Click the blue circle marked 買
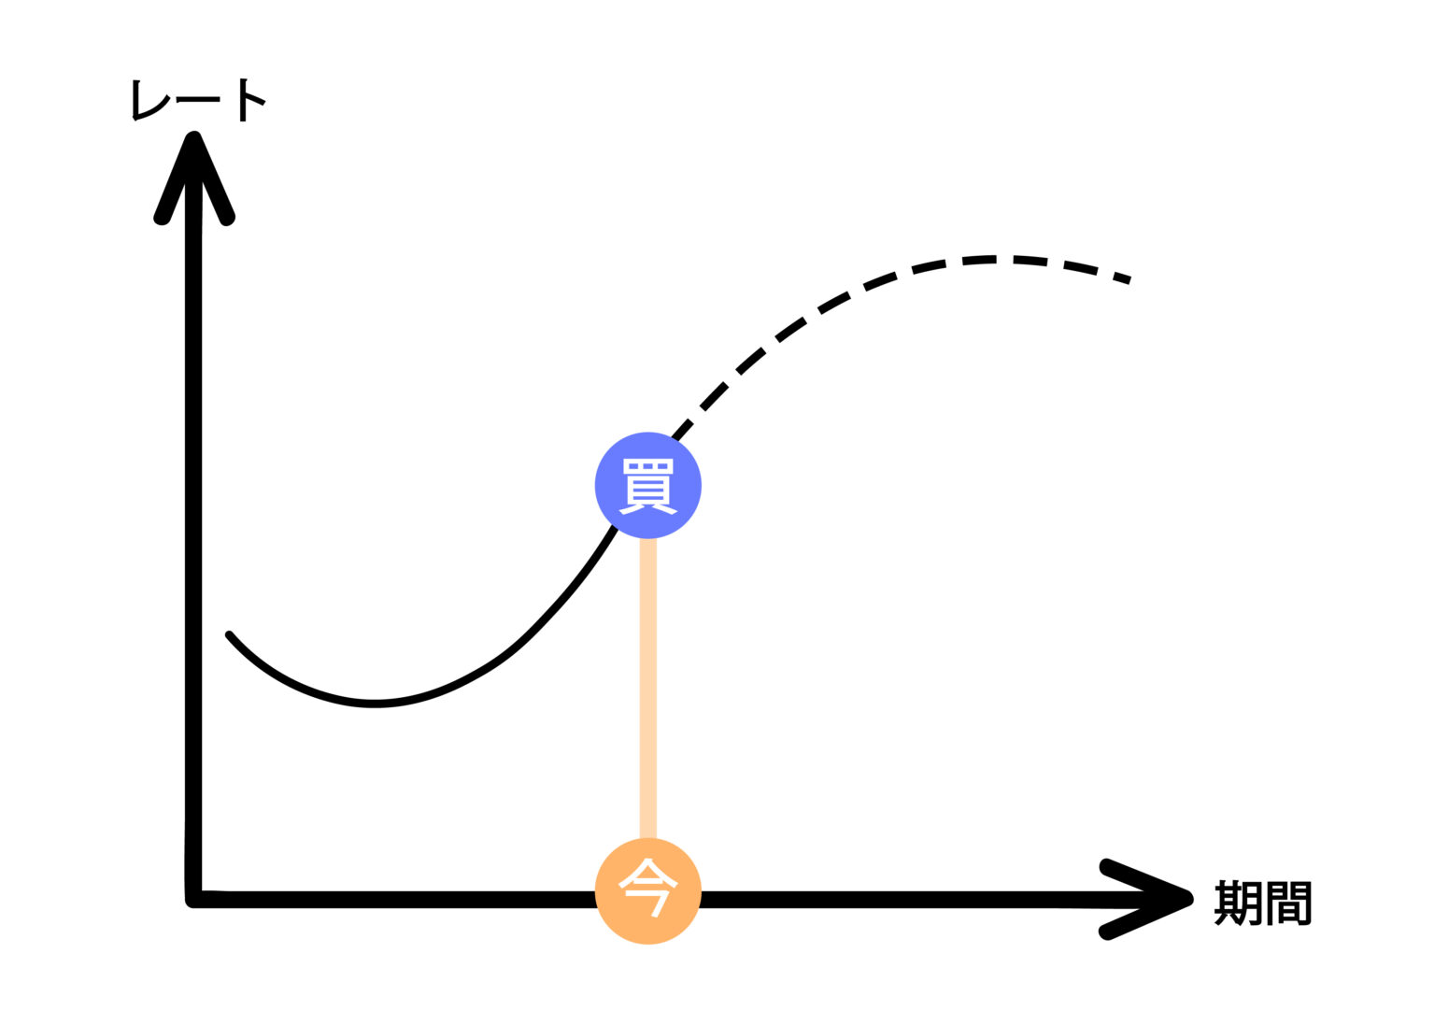[647, 485]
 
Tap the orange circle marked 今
[647, 891]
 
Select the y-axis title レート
[199, 99]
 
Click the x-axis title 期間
[1263, 903]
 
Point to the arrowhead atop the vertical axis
[193, 168]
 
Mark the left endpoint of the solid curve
[229, 635]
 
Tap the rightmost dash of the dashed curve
[1121, 277]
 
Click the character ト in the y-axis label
[250, 99]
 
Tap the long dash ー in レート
[198, 99]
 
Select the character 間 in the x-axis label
[1288, 903]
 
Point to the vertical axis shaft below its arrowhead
[193, 514]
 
